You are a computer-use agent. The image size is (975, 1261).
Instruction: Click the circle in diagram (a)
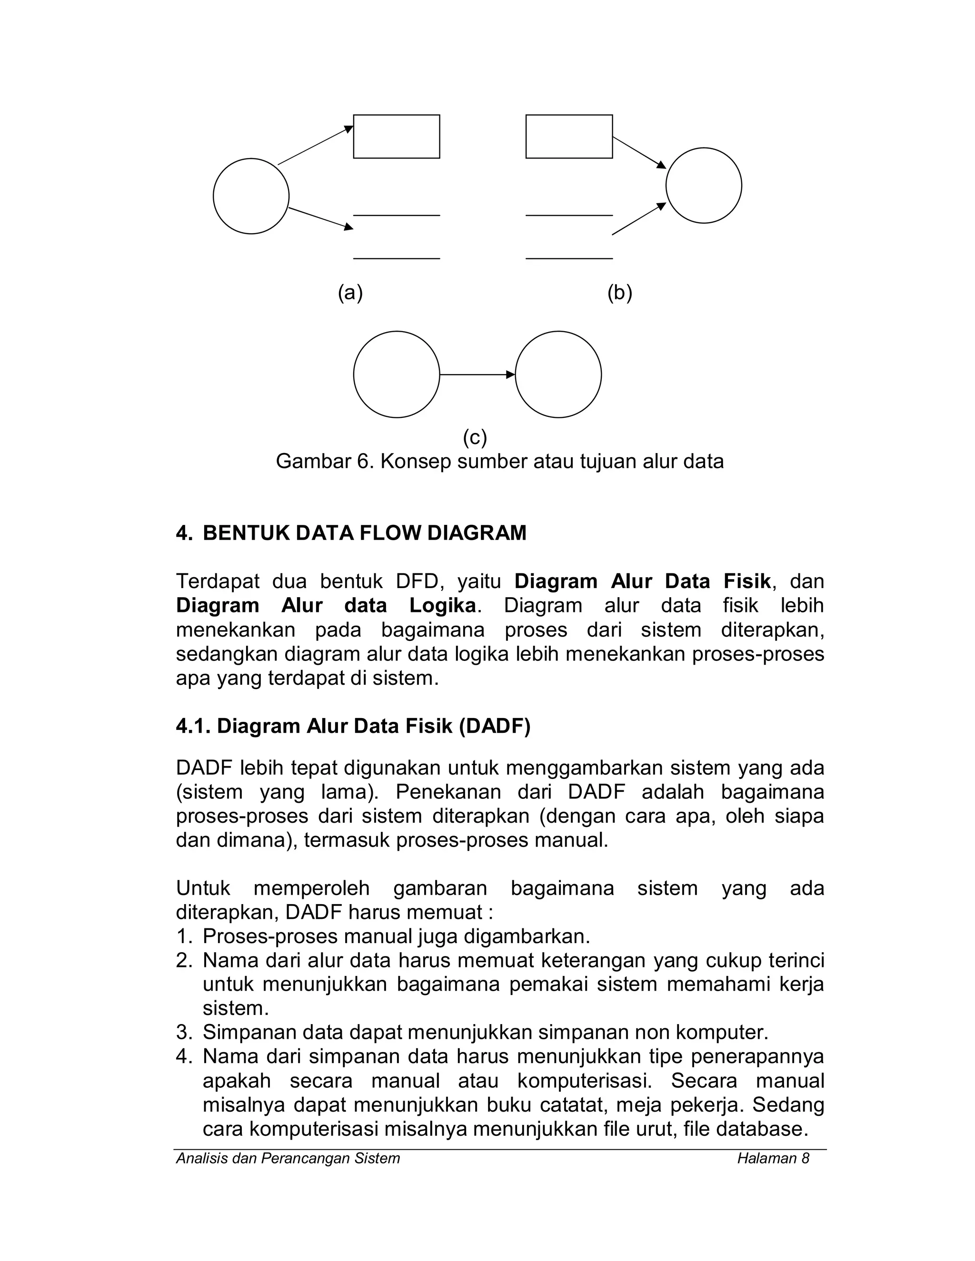(251, 197)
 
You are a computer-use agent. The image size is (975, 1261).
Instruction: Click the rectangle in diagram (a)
(396, 136)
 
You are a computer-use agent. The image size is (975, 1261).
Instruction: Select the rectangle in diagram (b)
(569, 136)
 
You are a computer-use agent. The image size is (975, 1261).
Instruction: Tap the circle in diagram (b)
(704, 185)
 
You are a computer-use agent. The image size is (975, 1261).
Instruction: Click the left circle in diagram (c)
(396, 374)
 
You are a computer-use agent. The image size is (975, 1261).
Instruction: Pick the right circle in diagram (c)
(558, 374)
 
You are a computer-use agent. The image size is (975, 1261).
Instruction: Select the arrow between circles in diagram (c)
(477, 374)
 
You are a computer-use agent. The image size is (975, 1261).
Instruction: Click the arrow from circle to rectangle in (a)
(315, 146)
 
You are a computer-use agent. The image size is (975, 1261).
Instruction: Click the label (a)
(350, 293)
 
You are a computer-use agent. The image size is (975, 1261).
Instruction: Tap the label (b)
(620, 293)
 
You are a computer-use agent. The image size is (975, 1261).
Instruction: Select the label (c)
(475, 438)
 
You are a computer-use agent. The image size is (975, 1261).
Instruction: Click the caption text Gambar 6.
(325, 461)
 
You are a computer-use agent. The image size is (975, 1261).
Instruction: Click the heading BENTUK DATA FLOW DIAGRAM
(365, 532)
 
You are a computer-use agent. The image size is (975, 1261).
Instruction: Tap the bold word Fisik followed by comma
(747, 581)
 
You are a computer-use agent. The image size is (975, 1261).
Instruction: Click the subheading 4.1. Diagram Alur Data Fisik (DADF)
(353, 726)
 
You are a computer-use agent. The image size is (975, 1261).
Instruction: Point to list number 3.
(183, 1032)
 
